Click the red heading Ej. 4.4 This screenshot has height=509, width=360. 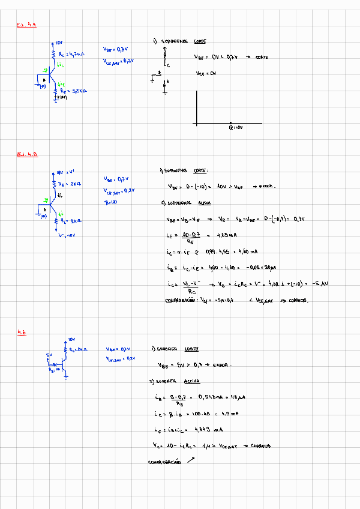click(26, 25)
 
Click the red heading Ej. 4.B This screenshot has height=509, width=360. click(27, 154)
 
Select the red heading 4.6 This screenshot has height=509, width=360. click(22, 332)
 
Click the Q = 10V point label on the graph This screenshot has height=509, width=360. click(235, 128)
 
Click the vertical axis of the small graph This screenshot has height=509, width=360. click(196, 107)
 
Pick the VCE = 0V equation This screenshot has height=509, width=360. click(205, 73)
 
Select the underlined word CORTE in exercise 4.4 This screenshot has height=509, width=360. click(200, 41)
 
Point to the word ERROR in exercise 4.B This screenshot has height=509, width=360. click(265, 186)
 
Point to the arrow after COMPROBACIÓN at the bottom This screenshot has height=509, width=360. click(191, 460)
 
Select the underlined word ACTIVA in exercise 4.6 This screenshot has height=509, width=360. click(191, 381)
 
